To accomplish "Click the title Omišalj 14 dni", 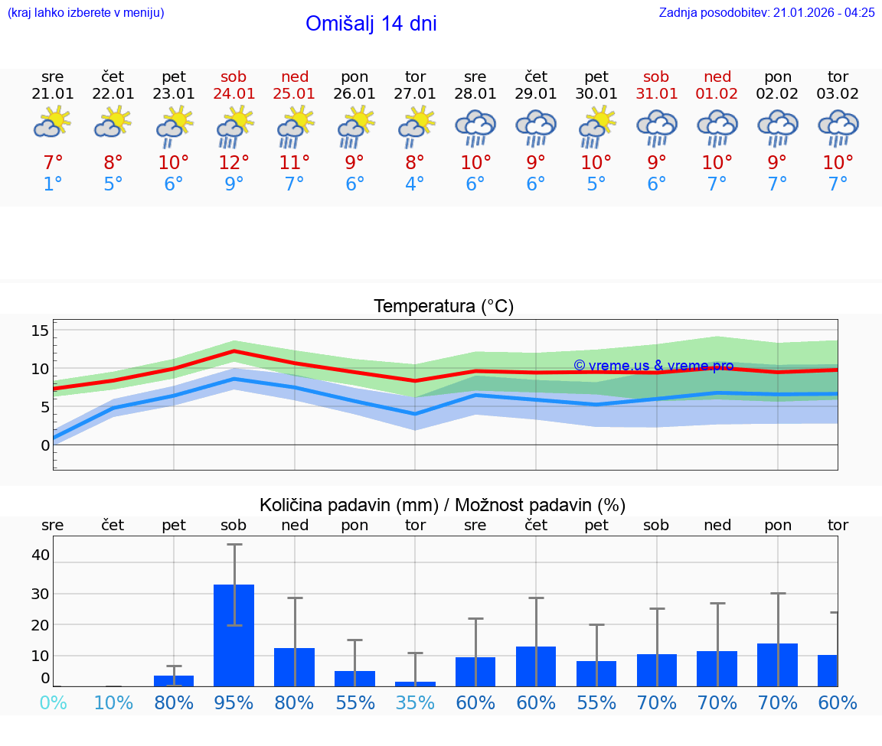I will [x=371, y=24].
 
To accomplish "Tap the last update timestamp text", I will [x=766, y=12].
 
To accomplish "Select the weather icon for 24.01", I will [x=234, y=127].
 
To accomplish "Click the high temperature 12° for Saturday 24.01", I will [x=234, y=162].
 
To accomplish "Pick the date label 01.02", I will [x=717, y=93].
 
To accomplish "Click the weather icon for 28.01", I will [x=475, y=127].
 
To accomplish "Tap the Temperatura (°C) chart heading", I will [x=443, y=306].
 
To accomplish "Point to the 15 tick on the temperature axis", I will [x=40, y=331].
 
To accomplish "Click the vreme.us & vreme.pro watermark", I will [x=653, y=366].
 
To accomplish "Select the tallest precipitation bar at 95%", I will [x=234, y=635].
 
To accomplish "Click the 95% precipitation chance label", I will [x=234, y=702].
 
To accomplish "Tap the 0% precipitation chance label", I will [x=53, y=702].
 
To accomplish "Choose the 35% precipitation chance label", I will [x=415, y=702].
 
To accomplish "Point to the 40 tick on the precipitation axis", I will [x=40, y=555].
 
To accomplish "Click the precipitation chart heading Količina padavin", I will [x=442, y=505].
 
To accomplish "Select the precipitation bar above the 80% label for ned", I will [x=294, y=666].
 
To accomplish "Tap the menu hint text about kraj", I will [x=86, y=12].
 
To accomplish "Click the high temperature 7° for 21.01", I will [x=53, y=162].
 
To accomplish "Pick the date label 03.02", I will [x=838, y=93].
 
